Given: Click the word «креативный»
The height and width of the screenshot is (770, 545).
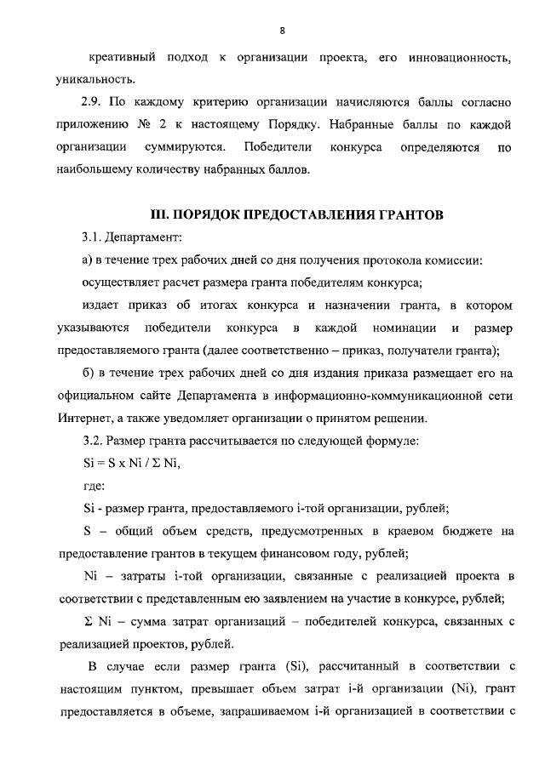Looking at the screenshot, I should click(122, 59).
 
